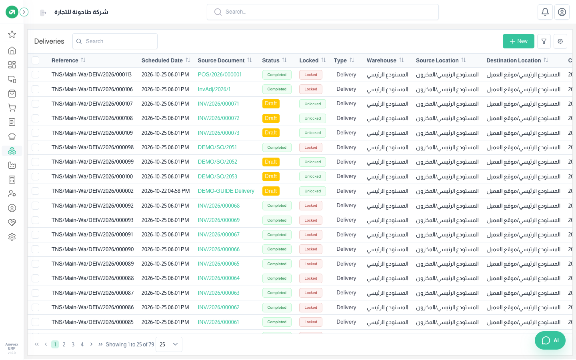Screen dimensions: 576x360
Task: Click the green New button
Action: tap(518, 41)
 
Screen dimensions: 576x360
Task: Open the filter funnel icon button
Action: tap(544, 41)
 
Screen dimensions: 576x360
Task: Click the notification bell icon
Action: tap(545, 12)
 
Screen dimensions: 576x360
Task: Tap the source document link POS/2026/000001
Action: tap(219, 74)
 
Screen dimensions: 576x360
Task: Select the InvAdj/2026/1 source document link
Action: tap(214, 89)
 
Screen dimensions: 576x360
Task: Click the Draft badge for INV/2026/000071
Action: tap(271, 104)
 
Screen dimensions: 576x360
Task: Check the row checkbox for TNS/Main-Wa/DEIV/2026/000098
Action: tap(36, 147)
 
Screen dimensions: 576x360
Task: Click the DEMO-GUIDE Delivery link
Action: tap(226, 191)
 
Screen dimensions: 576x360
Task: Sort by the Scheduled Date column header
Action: tap(162, 60)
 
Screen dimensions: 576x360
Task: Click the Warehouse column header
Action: tap(381, 60)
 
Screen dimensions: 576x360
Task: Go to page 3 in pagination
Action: tap(73, 344)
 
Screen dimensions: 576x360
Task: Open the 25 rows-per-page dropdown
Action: tap(169, 344)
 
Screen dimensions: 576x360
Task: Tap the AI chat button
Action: tap(550, 340)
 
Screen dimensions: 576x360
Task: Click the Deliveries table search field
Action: tap(115, 41)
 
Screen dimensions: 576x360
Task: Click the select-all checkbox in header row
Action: tap(36, 60)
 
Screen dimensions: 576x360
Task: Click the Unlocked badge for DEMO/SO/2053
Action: tap(312, 176)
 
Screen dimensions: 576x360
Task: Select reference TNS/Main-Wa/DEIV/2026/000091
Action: tap(92, 234)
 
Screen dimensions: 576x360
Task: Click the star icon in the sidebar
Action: tap(12, 34)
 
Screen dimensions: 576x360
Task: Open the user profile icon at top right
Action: tap(562, 12)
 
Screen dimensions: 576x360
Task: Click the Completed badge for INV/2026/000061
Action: tap(277, 322)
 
